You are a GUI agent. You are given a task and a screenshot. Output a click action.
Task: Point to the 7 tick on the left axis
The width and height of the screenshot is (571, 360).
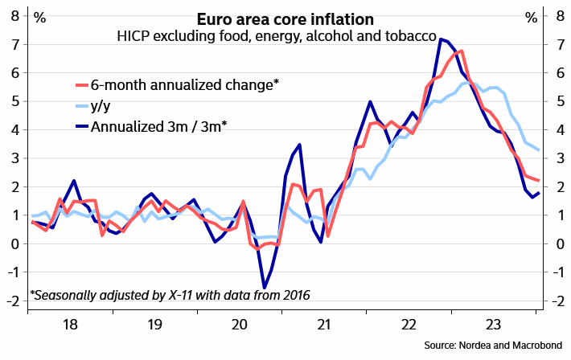[x=14, y=44]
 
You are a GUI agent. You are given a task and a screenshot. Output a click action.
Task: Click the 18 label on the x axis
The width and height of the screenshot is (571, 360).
[x=70, y=325]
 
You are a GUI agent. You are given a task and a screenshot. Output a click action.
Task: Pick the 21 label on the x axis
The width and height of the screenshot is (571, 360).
[x=322, y=325]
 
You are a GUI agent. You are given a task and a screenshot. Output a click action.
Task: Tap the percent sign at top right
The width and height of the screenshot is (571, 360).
[x=531, y=17]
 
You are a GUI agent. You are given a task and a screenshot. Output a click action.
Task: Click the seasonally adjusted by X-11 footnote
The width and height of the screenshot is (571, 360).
[x=170, y=295]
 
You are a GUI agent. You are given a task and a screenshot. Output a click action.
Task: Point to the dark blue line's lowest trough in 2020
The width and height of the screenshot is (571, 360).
[x=264, y=287]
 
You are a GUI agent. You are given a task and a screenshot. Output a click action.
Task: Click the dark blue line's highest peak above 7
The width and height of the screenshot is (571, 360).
[x=441, y=39]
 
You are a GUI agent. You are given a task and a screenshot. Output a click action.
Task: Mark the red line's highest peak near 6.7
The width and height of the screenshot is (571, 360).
[x=460, y=51]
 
